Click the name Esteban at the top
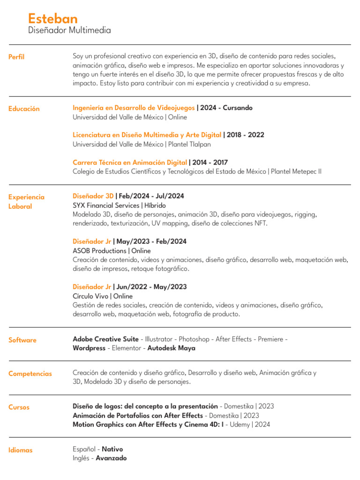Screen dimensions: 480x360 coord(52,18)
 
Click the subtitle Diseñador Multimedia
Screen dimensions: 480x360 coord(69,30)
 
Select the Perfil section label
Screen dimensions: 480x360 coord(16,57)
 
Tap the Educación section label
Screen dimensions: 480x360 coord(24,109)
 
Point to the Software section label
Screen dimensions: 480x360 coord(22,340)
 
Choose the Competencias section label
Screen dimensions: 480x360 coord(30,374)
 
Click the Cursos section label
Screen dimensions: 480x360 coord(19,407)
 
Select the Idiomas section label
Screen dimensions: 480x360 coord(21,450)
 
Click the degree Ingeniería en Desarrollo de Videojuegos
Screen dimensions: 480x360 coord(134,108)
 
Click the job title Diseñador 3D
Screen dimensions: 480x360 coord(93,196)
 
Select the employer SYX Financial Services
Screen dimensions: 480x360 coord(106,205)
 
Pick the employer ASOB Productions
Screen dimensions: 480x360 coord(100,251)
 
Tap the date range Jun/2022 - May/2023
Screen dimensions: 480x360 coord(151,287)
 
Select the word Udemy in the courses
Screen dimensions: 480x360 coord(239,425)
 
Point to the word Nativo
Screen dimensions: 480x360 coord(113,449)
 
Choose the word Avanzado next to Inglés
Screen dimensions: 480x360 coord(111,458)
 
